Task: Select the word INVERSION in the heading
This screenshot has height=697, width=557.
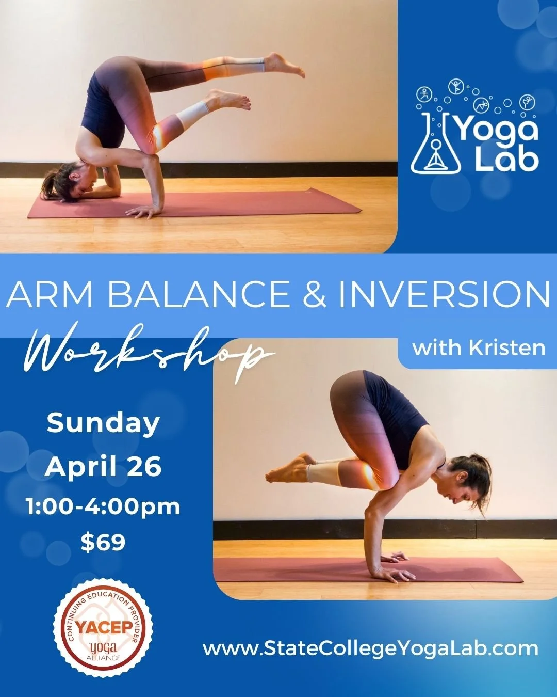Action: [x=444, y=294]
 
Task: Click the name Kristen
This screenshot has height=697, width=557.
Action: [x=507, y=348]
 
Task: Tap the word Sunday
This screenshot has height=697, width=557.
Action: [x=103, y=423]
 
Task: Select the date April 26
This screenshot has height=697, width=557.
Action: [x=103, y=467]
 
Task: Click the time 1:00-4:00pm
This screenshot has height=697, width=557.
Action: [x=103, y=506]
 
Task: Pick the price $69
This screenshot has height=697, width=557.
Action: [x=103, y=542]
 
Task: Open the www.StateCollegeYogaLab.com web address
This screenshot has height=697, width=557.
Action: [x=370, y=648]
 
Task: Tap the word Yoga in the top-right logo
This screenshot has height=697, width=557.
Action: [x=496, y=130]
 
